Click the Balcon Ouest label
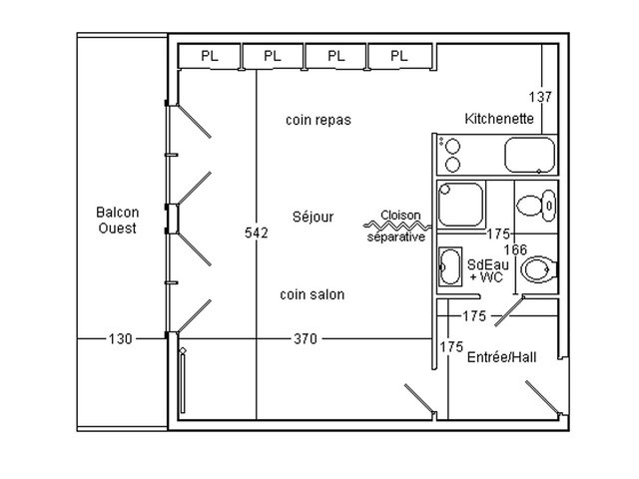tap(118, 220)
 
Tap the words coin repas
tap(319, 120)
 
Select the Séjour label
tap(313, 217)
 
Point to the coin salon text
tap(313, 294)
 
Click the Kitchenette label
tap(499, 119)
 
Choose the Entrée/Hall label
tap(501, 357)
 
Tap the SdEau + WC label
tap(488, 270)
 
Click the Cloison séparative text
tap(398, 226)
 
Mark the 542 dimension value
tap(257, 233)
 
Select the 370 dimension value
tap(306, 338)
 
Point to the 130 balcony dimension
tap(120, 338)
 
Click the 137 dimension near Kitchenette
tap(540, 97)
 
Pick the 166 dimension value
tap(515, 249)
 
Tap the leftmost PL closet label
tap(210, 56)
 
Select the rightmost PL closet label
tap(399, 56)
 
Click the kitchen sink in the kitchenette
tap(530, 156)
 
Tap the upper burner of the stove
tap(452, 146)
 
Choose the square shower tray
tap(461, 204)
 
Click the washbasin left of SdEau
tap(450, 266)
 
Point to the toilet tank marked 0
tap(548, 206)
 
